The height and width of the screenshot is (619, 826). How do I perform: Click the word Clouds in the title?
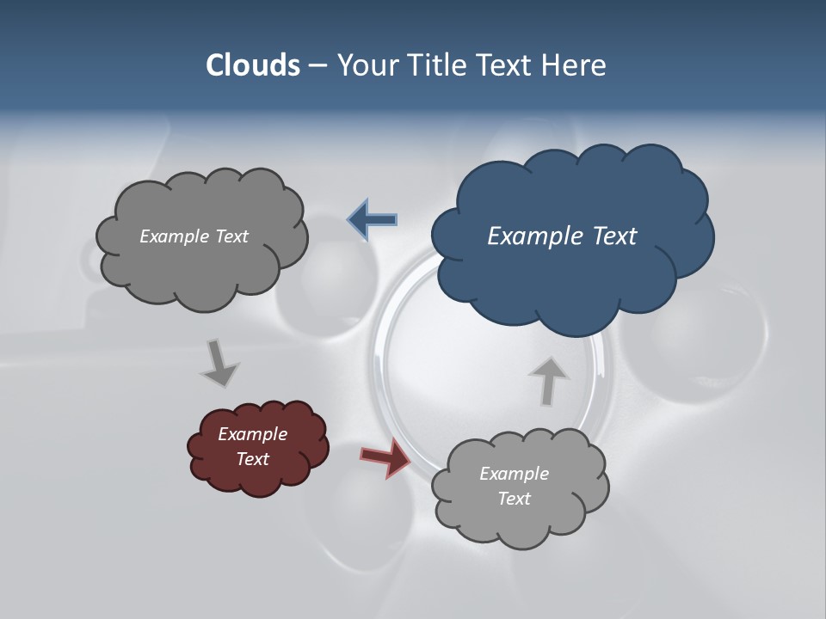pos(253,65)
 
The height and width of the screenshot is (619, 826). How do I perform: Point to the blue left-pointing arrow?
pos(373,220)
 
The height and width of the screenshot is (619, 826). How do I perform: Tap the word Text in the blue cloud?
pos(614,236)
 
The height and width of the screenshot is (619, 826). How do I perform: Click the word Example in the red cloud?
pos(252,434)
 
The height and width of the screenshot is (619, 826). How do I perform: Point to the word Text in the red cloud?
pos(252,459)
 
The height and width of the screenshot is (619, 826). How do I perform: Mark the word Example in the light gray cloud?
pos(514,474)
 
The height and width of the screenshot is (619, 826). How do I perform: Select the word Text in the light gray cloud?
pos(514,499)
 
